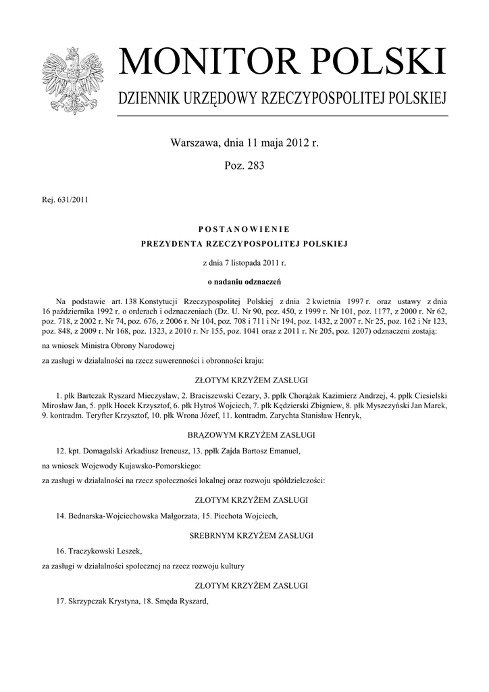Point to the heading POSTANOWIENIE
click(x=244, y=230)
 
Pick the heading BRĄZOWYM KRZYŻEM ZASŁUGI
click(x=244, y=435)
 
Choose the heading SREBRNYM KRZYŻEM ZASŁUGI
click(x=244, y=535)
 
